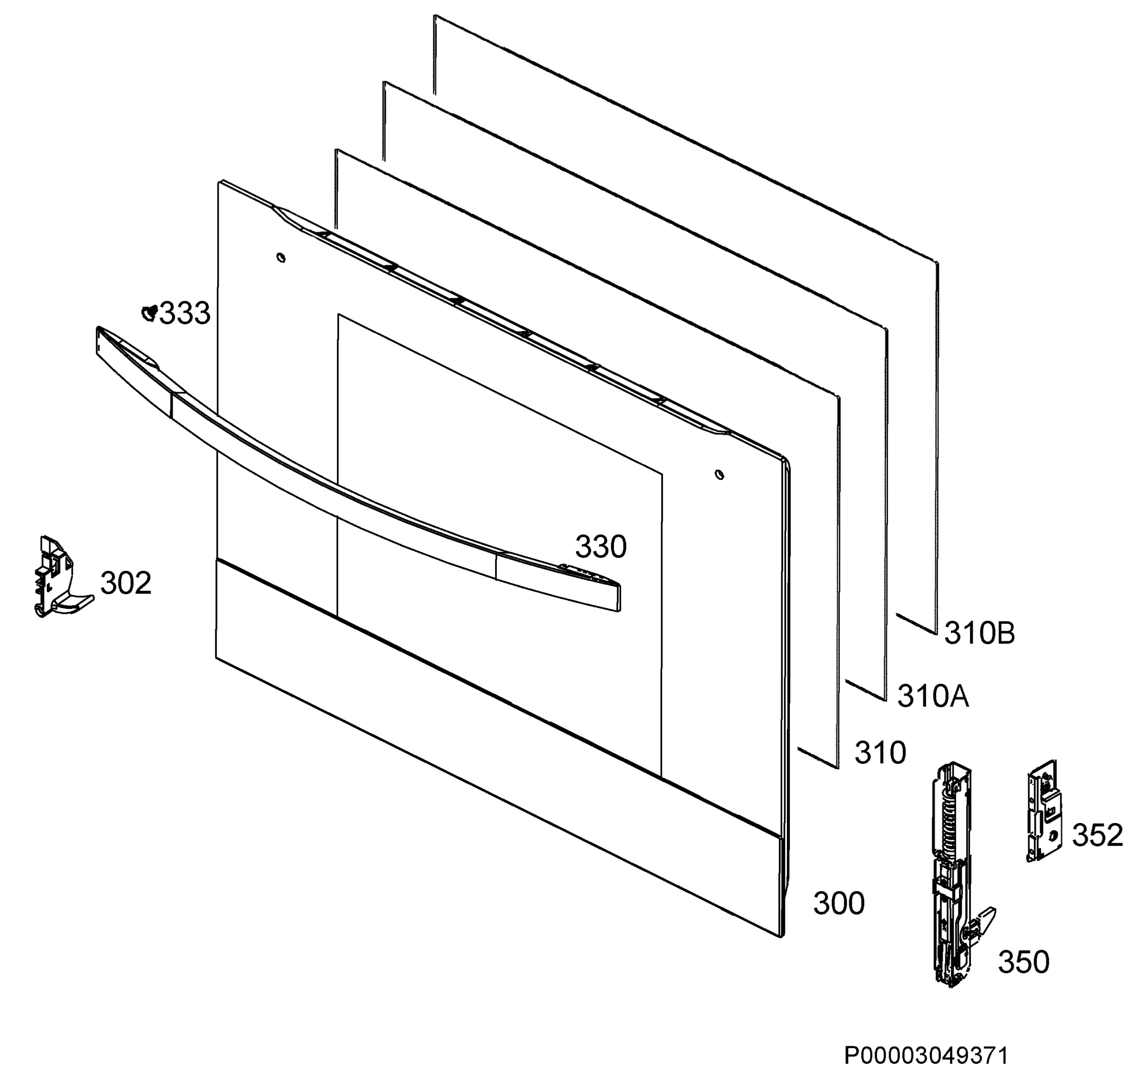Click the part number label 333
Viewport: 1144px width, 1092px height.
184,313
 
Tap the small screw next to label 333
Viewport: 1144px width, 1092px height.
150,313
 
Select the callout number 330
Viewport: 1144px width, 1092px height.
601,546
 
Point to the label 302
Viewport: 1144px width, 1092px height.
126,583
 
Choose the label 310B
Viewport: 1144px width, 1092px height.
980,633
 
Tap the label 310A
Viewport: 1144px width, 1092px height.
933,696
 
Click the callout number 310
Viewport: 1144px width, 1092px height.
880,752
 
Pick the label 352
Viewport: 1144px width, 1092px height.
1097,835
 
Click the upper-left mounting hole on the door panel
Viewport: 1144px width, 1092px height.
281,258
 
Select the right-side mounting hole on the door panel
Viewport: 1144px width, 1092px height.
719,475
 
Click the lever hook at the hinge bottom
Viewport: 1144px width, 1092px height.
983,923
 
